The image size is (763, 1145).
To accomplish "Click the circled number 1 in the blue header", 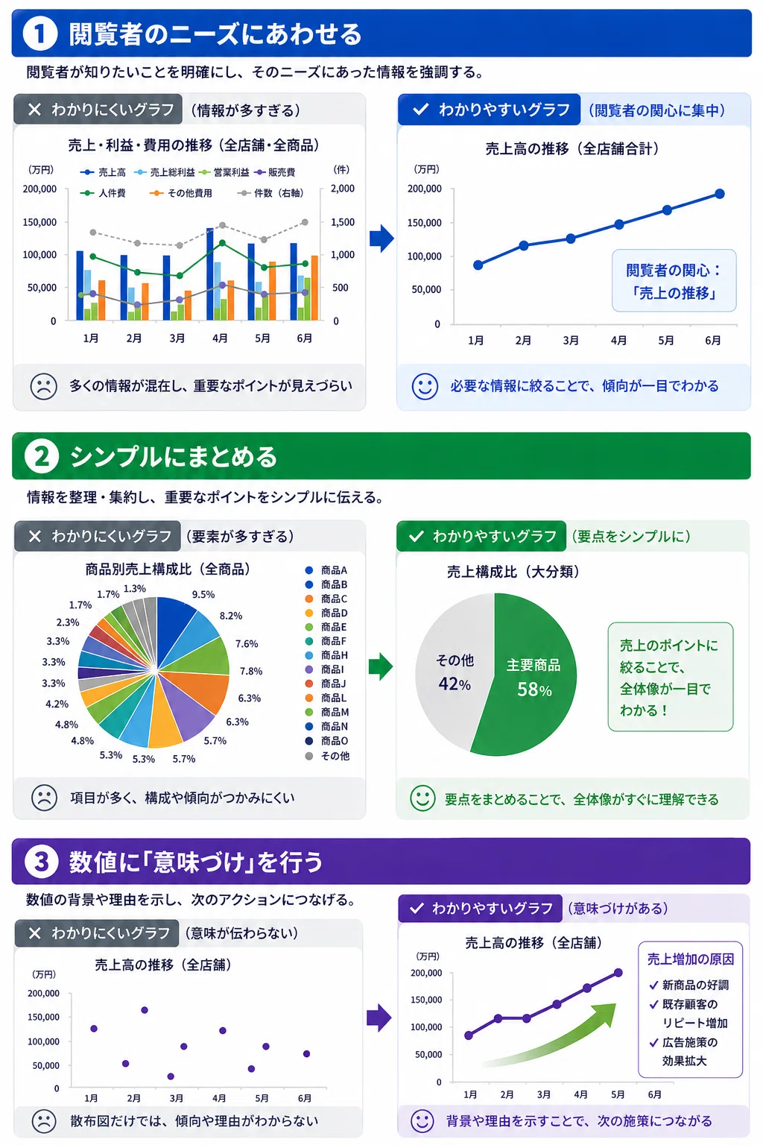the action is [39, 34].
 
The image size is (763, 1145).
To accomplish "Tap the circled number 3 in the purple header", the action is [42, 861].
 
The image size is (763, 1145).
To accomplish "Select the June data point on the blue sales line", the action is [720, 194].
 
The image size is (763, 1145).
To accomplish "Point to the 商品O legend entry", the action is [326, 741].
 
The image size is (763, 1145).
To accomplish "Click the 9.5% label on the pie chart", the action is [203, 594].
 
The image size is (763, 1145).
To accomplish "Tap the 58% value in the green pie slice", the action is [534, 690].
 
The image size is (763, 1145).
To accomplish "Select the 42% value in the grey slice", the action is [455, 684].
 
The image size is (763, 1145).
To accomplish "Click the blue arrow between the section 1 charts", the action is [381, 239].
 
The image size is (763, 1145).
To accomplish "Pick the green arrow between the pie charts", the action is [381, 666].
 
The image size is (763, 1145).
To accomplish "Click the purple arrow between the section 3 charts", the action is [379, 1018].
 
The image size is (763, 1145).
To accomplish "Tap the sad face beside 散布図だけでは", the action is [44, 1121].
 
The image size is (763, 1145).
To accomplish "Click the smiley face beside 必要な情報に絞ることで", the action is [425, 386].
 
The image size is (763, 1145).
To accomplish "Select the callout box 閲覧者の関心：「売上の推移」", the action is [674, 280].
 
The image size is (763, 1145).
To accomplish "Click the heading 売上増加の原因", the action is [691, 959].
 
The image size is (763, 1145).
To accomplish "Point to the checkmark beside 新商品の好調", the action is [653, 985].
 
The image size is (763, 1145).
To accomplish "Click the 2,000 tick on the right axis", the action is [343, 189].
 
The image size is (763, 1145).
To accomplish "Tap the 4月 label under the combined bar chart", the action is [220, 338].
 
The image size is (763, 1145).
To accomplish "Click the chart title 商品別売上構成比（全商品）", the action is [168, 569].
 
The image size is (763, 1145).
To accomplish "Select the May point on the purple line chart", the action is [587, 988].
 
